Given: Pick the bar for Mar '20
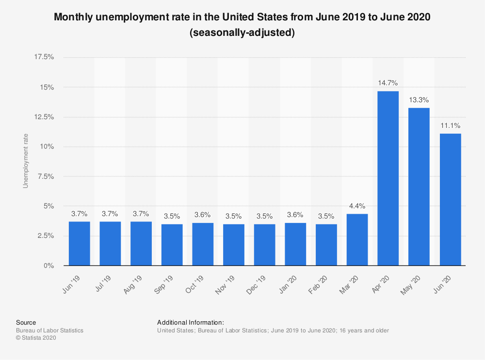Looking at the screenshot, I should click(x=357, y=240).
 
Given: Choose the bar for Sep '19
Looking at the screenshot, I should click(x=172, y=245).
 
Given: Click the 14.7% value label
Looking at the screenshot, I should click(x=388, y=83).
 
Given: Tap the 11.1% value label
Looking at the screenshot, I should click(x=450, y=125).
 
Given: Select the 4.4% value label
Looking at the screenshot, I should click(x=357, y=205).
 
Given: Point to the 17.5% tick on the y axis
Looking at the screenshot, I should click(x=44, y=57).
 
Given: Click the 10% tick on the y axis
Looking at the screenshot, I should click(x=47, y=147).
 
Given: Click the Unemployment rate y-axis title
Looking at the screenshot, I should click(x=26, y=160).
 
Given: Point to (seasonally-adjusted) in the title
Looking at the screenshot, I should click(x=242, y=33).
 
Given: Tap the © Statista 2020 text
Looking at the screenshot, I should click(x=36, y=338).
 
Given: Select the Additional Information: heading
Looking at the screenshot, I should click(x=190, y=322).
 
